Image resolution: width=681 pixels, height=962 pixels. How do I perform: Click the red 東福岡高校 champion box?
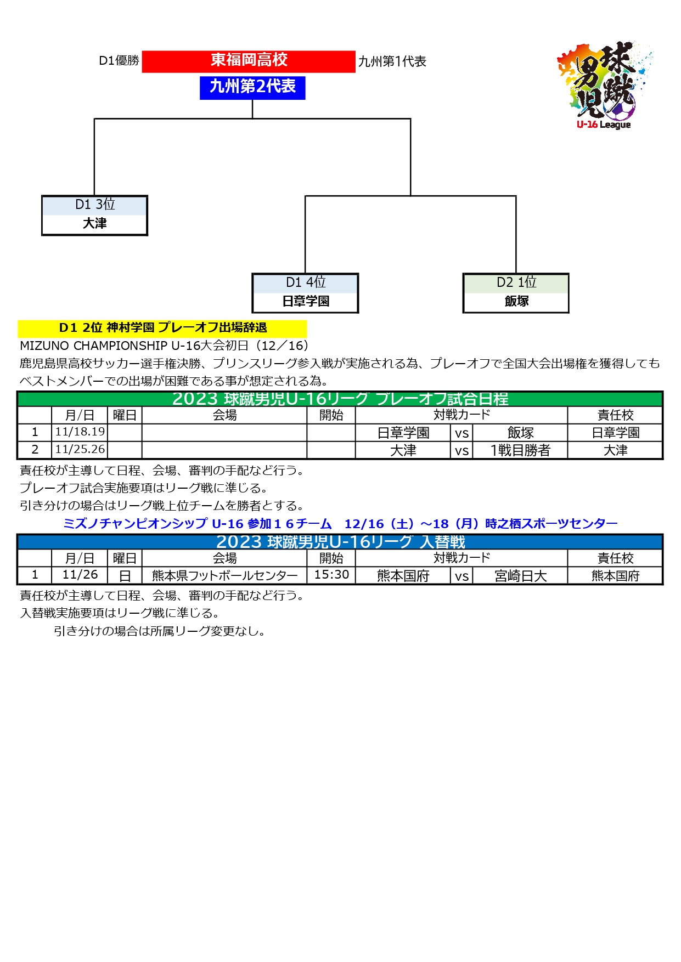click(x=249, y=61)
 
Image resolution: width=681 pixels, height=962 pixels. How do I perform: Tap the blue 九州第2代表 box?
click(x=252, y=87)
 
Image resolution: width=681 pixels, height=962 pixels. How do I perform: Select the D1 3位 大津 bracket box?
click(x=95, y=216)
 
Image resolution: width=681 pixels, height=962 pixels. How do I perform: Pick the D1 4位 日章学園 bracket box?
click(x=306, y=293)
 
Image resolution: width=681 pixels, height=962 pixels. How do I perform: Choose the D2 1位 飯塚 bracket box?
click(x=516, y=293)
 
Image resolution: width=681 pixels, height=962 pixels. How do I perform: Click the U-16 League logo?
click(x=605, y=86)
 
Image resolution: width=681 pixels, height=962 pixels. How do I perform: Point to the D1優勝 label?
click(x=119, y=61)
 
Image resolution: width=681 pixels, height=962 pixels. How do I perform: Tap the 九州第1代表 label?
click(x=392, y=62)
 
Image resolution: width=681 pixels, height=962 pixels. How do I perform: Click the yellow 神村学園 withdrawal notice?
click(x=162, y=328)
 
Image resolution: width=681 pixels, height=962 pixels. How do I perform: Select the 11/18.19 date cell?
click(x=80, y=432)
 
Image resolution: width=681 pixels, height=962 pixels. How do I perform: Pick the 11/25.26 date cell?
click(x=80, y=450)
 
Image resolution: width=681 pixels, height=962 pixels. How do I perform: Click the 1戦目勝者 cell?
click(x=520, y=450)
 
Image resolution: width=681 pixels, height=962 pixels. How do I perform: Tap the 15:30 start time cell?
click(x=331, y=575)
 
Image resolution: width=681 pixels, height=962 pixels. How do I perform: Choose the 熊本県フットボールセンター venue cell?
click(x=225, y=575)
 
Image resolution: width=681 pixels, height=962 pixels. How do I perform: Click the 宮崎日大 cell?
click(x=520, y=576)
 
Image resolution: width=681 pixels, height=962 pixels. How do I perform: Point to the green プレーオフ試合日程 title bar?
click(x=340, y=399)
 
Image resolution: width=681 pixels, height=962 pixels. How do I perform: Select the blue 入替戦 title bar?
click(x=340, y=542)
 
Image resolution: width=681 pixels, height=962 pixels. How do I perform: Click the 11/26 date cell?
click(x=80, y=575)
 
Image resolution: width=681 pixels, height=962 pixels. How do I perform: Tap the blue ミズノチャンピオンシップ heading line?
click(x=340, y=524)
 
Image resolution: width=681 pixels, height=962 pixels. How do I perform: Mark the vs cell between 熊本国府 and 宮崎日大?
click(x=461, y=576)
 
